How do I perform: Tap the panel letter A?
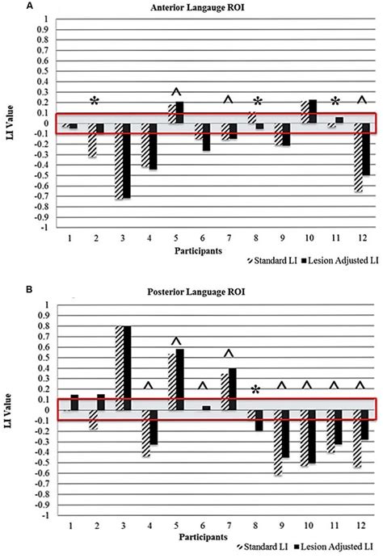[7, 6]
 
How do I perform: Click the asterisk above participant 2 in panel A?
[95, 102]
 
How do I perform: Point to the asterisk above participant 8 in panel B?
[255, 391]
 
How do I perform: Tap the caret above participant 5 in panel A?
[177, 91]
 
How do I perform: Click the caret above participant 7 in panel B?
[228, 354]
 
